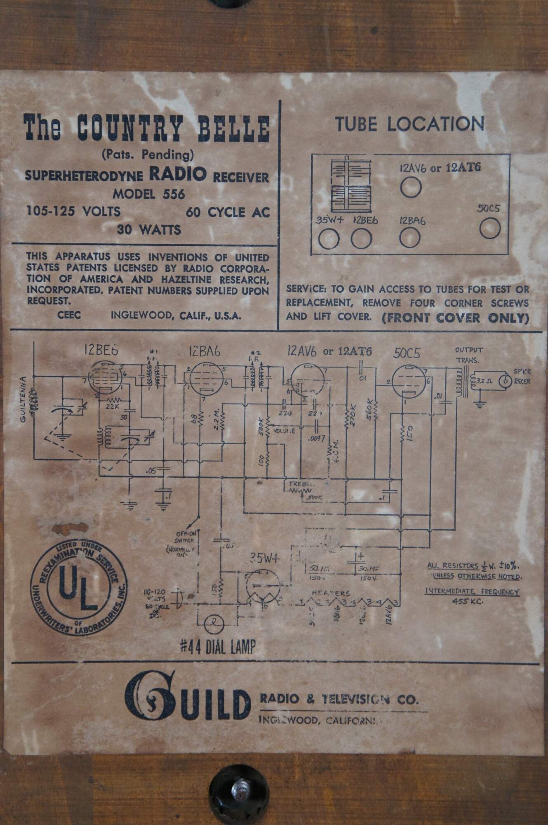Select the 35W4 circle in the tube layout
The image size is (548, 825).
(x=329, y=239)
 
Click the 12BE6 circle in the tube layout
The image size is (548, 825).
(x=362, y=239)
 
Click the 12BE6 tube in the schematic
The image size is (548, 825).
(x=106, y=378)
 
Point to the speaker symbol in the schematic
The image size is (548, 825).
(x=503, y=381)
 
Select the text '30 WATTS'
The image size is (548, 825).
(x=149, y=229)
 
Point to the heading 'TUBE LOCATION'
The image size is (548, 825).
(x=409, y=124)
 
